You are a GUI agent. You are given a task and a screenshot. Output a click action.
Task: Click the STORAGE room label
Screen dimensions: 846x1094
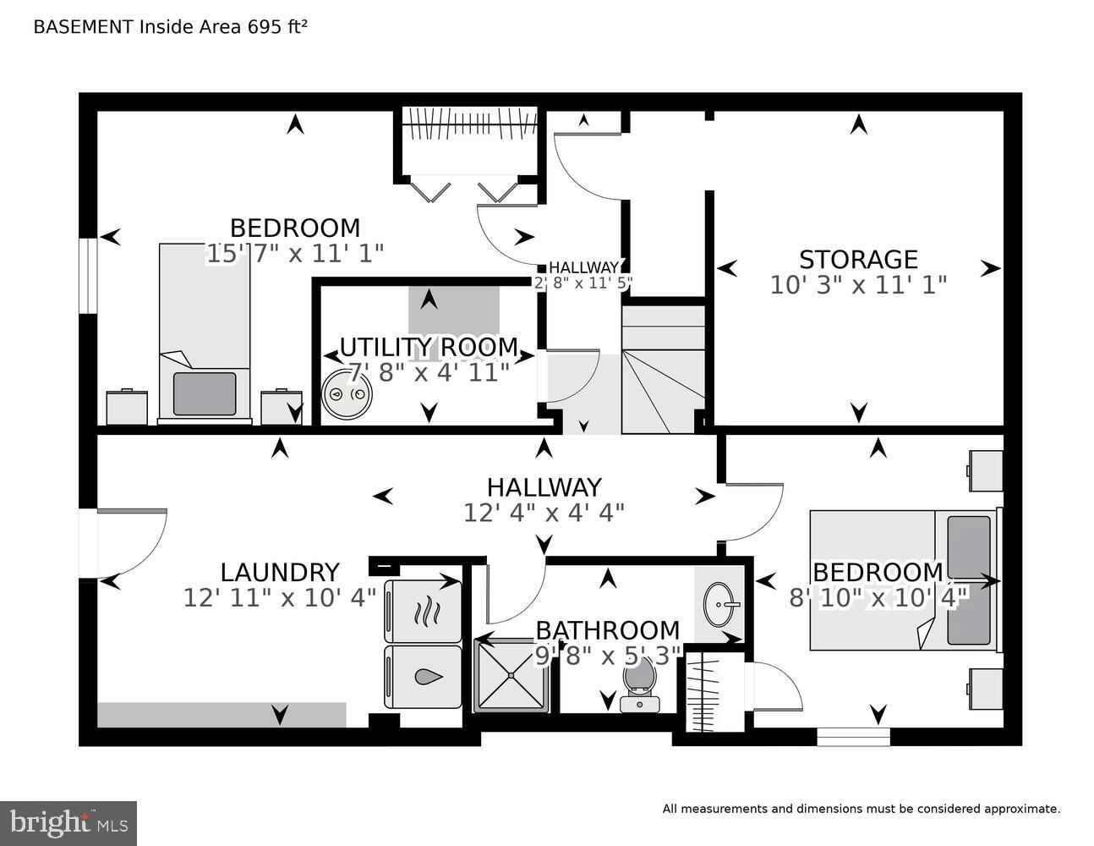pyautogui.click(x=858, y=259)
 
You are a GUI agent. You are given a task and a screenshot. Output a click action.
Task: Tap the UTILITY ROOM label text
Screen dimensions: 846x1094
pyautogui.click(x=429, y=348)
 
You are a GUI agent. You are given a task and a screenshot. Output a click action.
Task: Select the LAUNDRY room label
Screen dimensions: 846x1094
pyautogui.click(x=280, y=573)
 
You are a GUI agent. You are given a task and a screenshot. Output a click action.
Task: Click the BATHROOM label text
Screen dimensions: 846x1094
pyautogui.click(x=607, y=630)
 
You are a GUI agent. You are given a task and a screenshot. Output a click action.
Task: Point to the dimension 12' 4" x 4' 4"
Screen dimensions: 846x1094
pyautogui.click(x=544, y=513)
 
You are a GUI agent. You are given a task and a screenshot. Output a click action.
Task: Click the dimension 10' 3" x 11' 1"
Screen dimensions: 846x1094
pyautogui.click(x=858, y=285)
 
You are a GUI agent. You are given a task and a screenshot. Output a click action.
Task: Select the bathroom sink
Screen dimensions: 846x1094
pyautogui.click(x=721, y=604)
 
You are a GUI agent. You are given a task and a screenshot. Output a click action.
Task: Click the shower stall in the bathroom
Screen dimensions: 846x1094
pyautogui.click(x=511, y=675)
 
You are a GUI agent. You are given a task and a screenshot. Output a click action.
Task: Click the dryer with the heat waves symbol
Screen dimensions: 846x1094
pyautogui.click(x=424, y=611)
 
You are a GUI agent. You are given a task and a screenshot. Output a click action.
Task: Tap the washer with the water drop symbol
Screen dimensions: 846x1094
pyautogui.click(x=424, y=677)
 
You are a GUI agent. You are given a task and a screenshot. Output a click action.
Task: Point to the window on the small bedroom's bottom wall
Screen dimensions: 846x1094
pyautogui.click(x=853, y=737)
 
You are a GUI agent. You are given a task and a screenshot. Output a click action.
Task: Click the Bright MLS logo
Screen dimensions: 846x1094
pyautogui.click(x=68, y=823)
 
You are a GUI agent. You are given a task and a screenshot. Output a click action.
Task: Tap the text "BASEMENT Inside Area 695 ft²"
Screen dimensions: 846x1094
pyautogui.click(x=170, y=26)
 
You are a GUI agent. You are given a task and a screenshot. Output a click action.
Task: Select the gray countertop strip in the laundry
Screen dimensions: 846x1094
pyautogui.click(x=222, y=715)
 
